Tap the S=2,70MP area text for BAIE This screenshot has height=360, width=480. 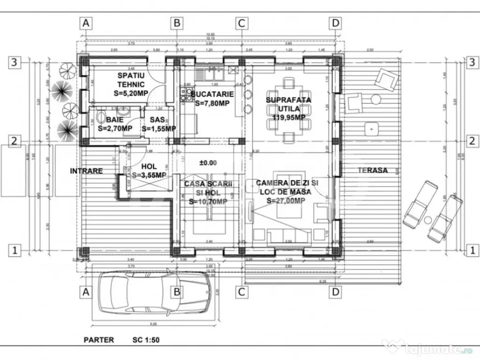[x=115, y=128]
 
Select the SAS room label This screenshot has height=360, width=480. [x=158, y=120]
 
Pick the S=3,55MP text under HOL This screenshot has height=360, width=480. [x=149, y=175]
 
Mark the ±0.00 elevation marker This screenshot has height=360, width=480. [x=208, y=163]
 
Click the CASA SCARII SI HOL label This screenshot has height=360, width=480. [x=208, y=188]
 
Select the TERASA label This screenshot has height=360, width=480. [x=373, y=170]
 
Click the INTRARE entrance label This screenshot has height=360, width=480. [x=86, y=171]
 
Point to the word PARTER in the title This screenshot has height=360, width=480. [x=98, y=339]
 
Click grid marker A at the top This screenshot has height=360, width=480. [x=85, y=22]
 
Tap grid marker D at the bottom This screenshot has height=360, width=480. [x=335, y=292]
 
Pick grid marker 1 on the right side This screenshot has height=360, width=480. [x=472, y=251]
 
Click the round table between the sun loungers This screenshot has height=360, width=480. [x=428, y=220]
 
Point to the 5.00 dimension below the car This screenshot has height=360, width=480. [x=154, y=324]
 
